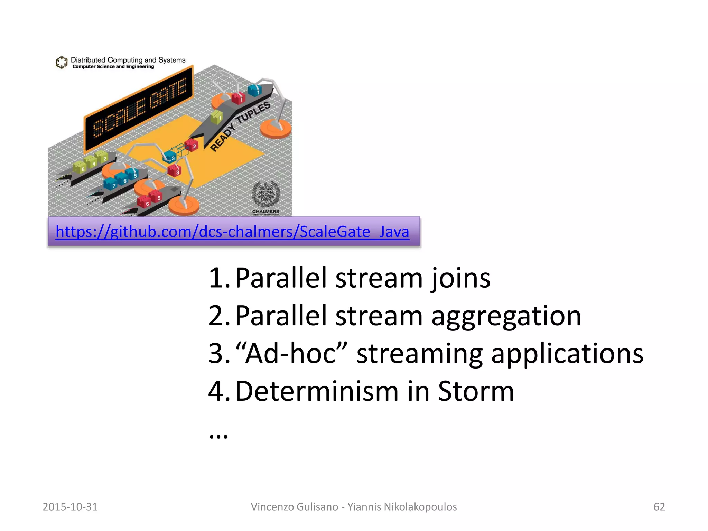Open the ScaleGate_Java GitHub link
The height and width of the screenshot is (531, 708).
click(232, 232)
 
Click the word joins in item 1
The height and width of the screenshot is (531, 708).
click(460, 278)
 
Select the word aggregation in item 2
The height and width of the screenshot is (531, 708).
click(506, 316)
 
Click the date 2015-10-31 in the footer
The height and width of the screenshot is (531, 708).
click(70, 507)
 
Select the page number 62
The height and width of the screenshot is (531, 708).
click(659, 507)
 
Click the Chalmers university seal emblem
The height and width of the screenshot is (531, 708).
click(265, 194)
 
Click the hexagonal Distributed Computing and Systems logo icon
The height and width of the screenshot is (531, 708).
click(62, 62)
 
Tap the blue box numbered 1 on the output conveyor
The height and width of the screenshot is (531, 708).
click(255, 90)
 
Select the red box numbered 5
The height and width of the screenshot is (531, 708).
click(156, 196)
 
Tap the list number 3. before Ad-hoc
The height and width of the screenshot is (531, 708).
click(219, 354)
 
